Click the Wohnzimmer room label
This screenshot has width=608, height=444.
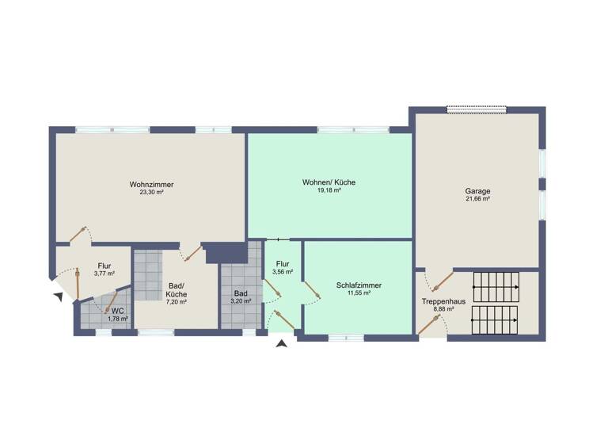(151, 185)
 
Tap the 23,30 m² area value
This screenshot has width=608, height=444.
(151, 193)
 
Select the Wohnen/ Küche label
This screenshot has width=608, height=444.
(329, 182)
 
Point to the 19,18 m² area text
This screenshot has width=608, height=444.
(329, 190)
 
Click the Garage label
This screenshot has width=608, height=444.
(477, 191)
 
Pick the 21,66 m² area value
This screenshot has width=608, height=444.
(477, 199)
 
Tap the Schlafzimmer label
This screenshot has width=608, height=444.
(359, 285)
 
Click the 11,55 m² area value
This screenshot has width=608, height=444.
(359, 293)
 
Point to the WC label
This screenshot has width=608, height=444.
(117, 311)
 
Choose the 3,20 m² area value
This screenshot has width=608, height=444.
(241, 301)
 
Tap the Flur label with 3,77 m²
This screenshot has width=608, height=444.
(104, 266)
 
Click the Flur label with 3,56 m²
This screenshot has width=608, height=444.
(283, 264)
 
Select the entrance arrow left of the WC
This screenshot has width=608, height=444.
(58, 297)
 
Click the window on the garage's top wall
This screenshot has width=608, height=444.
(477, 109)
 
